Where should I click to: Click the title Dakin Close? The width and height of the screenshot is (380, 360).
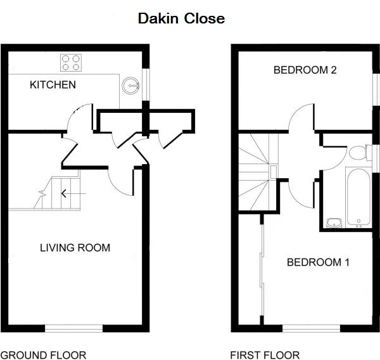[x=181, y=19]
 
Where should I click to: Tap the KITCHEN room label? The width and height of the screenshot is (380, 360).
[x=53, y=84]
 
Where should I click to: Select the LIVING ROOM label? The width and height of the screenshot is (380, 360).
[x=75, y=247]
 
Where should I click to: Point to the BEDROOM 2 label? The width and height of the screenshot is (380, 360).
[x=305, y=70]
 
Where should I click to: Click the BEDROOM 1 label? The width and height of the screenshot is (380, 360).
[x=318, y=262]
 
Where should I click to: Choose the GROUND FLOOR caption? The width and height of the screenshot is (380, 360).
[x=43, y=355]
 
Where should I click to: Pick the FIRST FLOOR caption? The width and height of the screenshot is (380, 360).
[x=265, y=355]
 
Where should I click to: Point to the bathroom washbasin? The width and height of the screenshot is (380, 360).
[x=334, y=222]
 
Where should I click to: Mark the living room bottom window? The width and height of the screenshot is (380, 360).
[x=73, y=328]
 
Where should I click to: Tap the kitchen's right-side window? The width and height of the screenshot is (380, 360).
[x=147, y=83]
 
